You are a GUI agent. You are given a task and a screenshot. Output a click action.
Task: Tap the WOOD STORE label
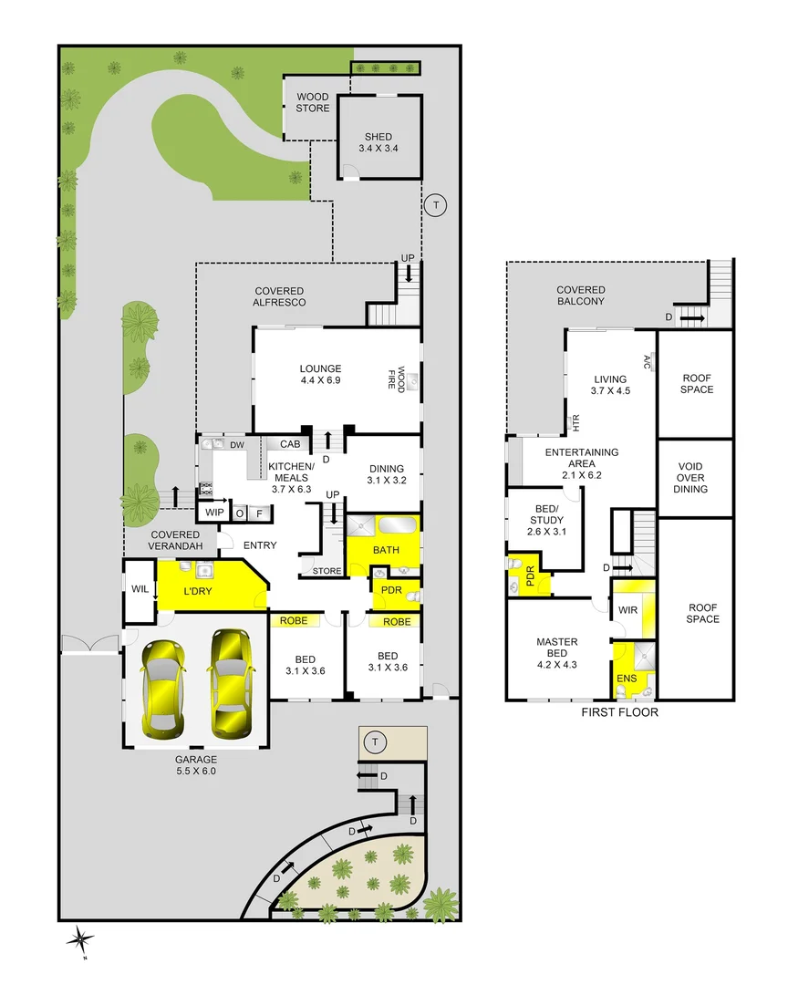click(313, 102)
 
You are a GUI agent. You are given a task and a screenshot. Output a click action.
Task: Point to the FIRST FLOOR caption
click(619, 712)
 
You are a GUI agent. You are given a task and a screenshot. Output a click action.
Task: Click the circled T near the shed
click(436, 205)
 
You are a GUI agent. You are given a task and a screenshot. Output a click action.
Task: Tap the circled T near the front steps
click(372, 742)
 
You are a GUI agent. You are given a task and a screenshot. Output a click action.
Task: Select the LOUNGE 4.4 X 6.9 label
click(319, 375)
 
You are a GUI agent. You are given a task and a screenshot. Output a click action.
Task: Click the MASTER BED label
click(556, 648)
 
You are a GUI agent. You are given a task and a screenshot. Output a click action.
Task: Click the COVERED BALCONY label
click(582, 295)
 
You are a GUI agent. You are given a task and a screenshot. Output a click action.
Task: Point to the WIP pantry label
click(214, 513)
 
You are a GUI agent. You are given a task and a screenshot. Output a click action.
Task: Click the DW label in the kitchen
click(236, 445)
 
